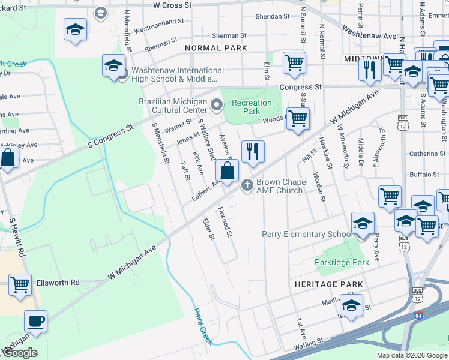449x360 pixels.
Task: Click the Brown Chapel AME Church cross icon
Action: [246, 187]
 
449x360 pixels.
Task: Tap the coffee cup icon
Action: [36, 321]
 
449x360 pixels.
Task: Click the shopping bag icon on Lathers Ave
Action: [227, 170]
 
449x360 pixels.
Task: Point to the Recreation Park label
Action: [251, 107]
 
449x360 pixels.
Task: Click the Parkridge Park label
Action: [342, 263]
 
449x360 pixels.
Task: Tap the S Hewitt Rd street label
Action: [16, 237]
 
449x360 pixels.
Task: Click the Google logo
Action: [19, 353]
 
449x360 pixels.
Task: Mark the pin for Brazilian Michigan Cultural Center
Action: [217, 107]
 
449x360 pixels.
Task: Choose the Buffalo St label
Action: [424, 175]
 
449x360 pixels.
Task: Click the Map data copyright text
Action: [411, 355]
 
